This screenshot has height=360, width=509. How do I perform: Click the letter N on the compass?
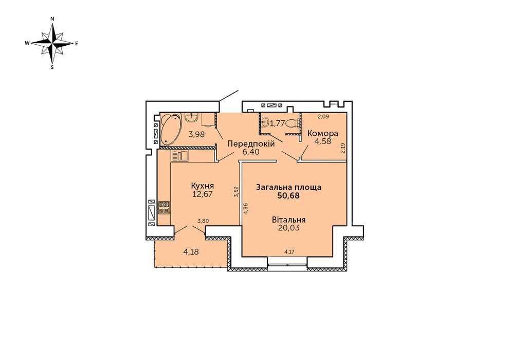(x=52, y=19)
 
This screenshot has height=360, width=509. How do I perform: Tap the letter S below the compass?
(x=52, y=67)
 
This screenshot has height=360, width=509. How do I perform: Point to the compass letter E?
(x=77, y=43)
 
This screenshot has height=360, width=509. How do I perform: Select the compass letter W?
(x=28, y=43)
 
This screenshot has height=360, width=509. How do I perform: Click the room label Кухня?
(x=202, y=186)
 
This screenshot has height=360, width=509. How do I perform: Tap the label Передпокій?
(x=251, y=143)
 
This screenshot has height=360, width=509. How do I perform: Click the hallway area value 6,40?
(x=251, y=152)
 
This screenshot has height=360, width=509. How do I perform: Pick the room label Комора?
(x=323, y=133)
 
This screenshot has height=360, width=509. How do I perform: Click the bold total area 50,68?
(x=288, y=196)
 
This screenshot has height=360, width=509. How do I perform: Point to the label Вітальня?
(x=288, y=220)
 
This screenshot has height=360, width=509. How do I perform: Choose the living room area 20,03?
(x=288, y=228)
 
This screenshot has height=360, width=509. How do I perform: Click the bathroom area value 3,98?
(x=197, y=134)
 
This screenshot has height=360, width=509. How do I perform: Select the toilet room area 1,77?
(x=278, y=123)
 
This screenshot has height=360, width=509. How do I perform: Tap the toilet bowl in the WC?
(x=294, y=123)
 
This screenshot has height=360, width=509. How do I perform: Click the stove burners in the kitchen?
(x=164, y=208)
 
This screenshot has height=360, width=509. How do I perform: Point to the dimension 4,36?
(x=246, y=208)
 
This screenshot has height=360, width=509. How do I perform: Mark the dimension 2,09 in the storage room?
(x=323, y=116)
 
